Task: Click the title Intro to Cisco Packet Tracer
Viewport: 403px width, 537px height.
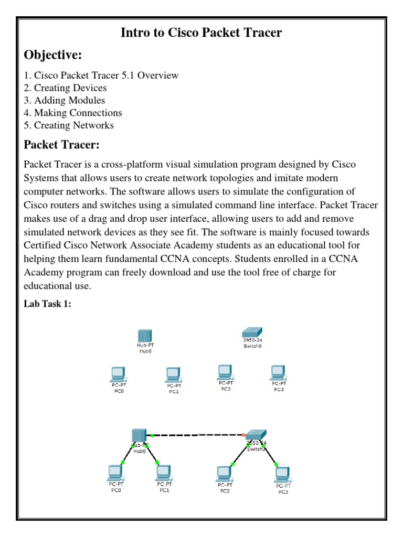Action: pyautogui.click(x=201, y=33)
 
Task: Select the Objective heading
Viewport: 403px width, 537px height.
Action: pyautogui.click(x=52, y=55)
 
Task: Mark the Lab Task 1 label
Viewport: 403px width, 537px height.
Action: pyautogui.click(x=47, y=304)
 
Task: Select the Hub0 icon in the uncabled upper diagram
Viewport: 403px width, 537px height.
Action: pyautogui.click(x=144, y=336)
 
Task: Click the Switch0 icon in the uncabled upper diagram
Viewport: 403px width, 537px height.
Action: pyautogui.click(x=252, y=332)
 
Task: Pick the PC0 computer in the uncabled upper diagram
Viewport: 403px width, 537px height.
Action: pyautogui.click(x=118, y=374)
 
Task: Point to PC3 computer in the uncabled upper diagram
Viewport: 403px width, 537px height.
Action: pyautogui.click(x=278, y=372)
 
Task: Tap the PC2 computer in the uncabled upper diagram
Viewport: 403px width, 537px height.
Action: pyautogui.click(x=225, y=372)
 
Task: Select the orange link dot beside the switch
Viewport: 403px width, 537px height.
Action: pyautogui.click(x=244, y=435)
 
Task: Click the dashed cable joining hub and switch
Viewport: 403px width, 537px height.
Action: pyautogui.click(x=197, y=435)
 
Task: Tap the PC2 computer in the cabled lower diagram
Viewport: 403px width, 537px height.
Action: pyautogui.click(x=225, y=473)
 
